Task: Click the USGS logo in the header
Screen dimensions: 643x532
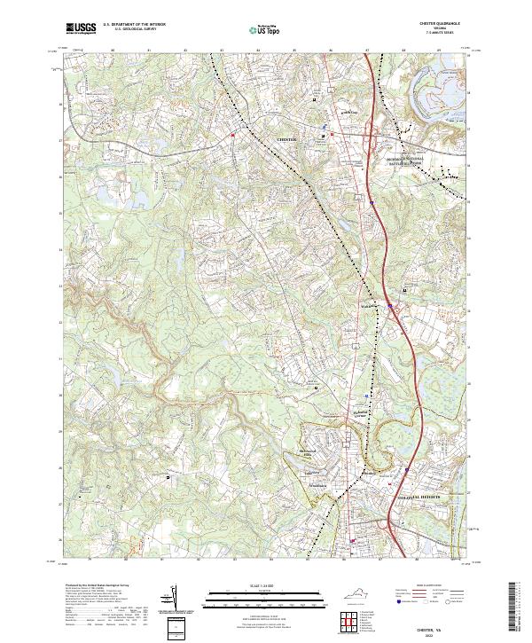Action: tap(82, 28)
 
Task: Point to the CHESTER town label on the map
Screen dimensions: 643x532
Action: tap(288, 140)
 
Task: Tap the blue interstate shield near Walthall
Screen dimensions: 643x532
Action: tap(389, 307)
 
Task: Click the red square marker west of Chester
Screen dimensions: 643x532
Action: tap(233, 135)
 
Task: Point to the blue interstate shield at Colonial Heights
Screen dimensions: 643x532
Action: tap(406, 471)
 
